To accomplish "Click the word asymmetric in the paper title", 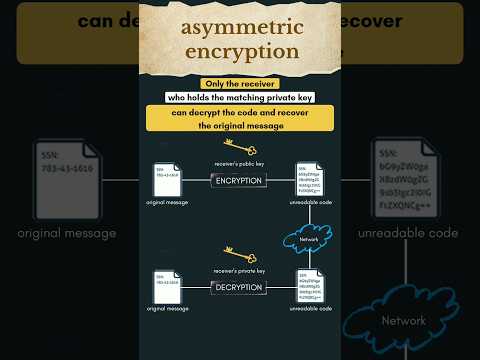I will point(240,28).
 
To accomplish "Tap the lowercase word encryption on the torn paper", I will point(240,50).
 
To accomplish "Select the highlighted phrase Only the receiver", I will point(240,83).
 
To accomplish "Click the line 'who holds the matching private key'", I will point(240,98).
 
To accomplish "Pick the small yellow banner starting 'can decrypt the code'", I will point(240,119).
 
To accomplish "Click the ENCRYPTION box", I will point(239,181).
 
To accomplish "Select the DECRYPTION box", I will point(239,287).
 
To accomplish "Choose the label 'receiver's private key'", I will point(239,271).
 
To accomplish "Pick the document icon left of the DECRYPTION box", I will point(167,286).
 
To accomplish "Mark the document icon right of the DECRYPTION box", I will point(311,286).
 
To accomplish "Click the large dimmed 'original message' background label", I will point(67,233).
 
